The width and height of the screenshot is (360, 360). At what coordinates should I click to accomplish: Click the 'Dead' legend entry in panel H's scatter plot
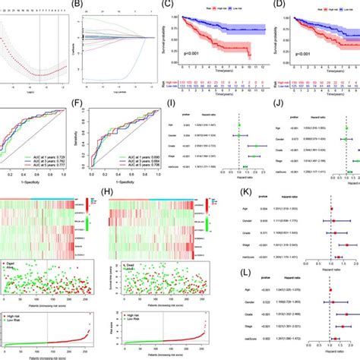(x=122, y=265)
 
